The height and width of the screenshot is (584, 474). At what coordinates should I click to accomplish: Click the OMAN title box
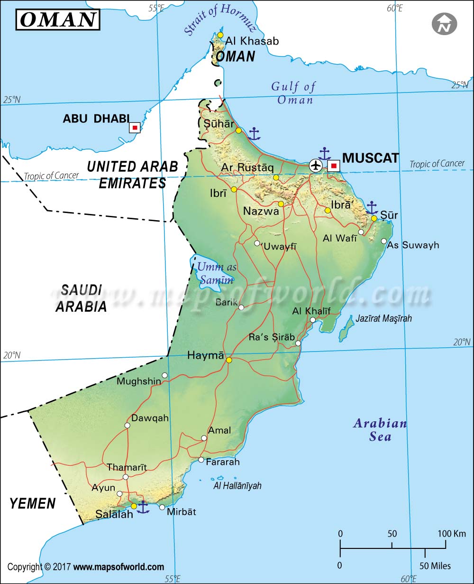tap(58, 20)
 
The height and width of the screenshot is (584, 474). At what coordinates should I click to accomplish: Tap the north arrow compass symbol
tap(444, 23)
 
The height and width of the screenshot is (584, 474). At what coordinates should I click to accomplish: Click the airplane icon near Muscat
tap(315, 165)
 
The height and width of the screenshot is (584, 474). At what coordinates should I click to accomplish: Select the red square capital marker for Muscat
tap(334, 166)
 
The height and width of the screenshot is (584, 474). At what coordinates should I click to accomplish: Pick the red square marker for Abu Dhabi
tap(135, 128)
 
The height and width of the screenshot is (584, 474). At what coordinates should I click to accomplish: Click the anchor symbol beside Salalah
tap(143, 507)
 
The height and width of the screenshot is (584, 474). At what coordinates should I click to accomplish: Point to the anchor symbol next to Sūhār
tap(255, 134)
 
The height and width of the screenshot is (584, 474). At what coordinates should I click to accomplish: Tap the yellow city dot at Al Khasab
tap(220, 35)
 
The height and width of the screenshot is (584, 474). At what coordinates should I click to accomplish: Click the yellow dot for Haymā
tap(229, 360)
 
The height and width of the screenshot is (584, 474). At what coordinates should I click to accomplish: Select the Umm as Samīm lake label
tap(217, 274)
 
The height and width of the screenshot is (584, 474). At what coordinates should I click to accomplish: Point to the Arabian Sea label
tap(380, 430)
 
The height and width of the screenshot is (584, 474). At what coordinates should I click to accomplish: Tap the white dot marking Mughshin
tap(164, 375)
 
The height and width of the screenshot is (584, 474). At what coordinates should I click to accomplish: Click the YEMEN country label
tap(32, 503)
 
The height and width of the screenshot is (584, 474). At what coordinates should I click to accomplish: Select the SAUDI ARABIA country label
tap(81, 298)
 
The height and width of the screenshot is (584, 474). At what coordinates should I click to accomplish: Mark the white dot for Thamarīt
tap(125, 477)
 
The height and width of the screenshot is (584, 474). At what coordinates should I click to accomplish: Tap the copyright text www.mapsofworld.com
tap(118, 567)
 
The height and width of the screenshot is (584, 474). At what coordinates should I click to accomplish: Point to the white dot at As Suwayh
tap(383, 241)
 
